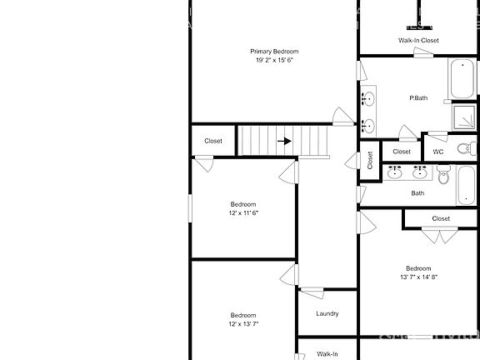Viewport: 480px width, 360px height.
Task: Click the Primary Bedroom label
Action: coord(274,52)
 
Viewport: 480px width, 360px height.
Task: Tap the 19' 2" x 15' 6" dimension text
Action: coord(274,60)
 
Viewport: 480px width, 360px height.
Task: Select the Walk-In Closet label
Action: coord(418,40)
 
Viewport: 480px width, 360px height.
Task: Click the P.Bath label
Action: coord(418,99)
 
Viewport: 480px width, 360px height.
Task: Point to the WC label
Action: coord(437,152)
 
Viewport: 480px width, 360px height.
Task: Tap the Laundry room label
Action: coord(327,313)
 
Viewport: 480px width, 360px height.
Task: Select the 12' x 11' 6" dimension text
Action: coord(243,212)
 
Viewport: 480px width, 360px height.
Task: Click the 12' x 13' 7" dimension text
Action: coord(243,323)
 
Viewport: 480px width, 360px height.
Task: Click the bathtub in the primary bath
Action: coord(462,80)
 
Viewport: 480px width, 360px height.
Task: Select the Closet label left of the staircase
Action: coord(213,141)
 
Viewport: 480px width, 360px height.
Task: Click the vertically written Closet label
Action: coord(370,161)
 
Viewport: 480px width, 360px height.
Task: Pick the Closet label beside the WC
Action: coord(402,152)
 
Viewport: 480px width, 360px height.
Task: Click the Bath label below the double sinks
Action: coord(417,193)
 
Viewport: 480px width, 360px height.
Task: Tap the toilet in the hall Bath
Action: coord(443,177)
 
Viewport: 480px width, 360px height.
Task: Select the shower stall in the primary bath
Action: coord(463,117)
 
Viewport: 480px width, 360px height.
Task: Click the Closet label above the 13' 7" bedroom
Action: coord(441,218)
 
